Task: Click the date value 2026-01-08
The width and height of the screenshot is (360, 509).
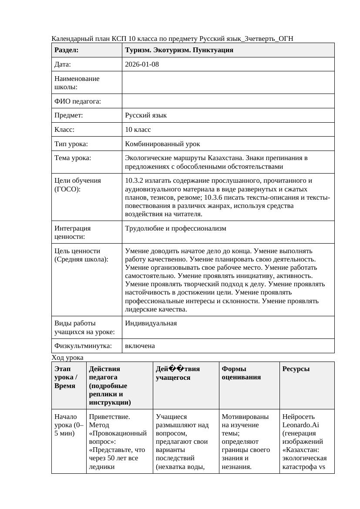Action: coord(141,64)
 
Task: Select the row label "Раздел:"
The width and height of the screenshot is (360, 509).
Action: coord(66,50)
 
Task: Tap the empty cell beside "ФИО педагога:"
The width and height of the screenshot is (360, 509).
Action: coord(228,101)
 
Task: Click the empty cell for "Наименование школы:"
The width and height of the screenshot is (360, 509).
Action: coord(228,83)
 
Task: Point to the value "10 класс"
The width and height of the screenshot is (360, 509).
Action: coord(138,130)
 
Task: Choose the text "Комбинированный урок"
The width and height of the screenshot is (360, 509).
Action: coord(162,144)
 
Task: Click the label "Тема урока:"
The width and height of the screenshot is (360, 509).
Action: coord(73,158)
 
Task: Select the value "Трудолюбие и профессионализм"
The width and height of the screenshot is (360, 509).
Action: coord(175,228)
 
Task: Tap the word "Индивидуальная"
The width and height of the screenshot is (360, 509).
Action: coord(151,323)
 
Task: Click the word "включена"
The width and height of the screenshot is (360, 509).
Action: coord(140,346)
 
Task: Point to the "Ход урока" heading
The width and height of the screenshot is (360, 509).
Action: coord(67,358)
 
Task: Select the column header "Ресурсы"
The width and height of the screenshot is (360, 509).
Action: coord(296,369)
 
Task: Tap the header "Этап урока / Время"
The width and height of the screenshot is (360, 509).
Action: coord(65,377)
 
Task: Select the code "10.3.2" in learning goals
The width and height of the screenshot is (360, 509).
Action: coord(134,181)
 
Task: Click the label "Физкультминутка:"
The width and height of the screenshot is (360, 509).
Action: coord(83,346)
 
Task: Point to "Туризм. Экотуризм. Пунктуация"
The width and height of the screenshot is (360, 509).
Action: coord(179,50)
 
